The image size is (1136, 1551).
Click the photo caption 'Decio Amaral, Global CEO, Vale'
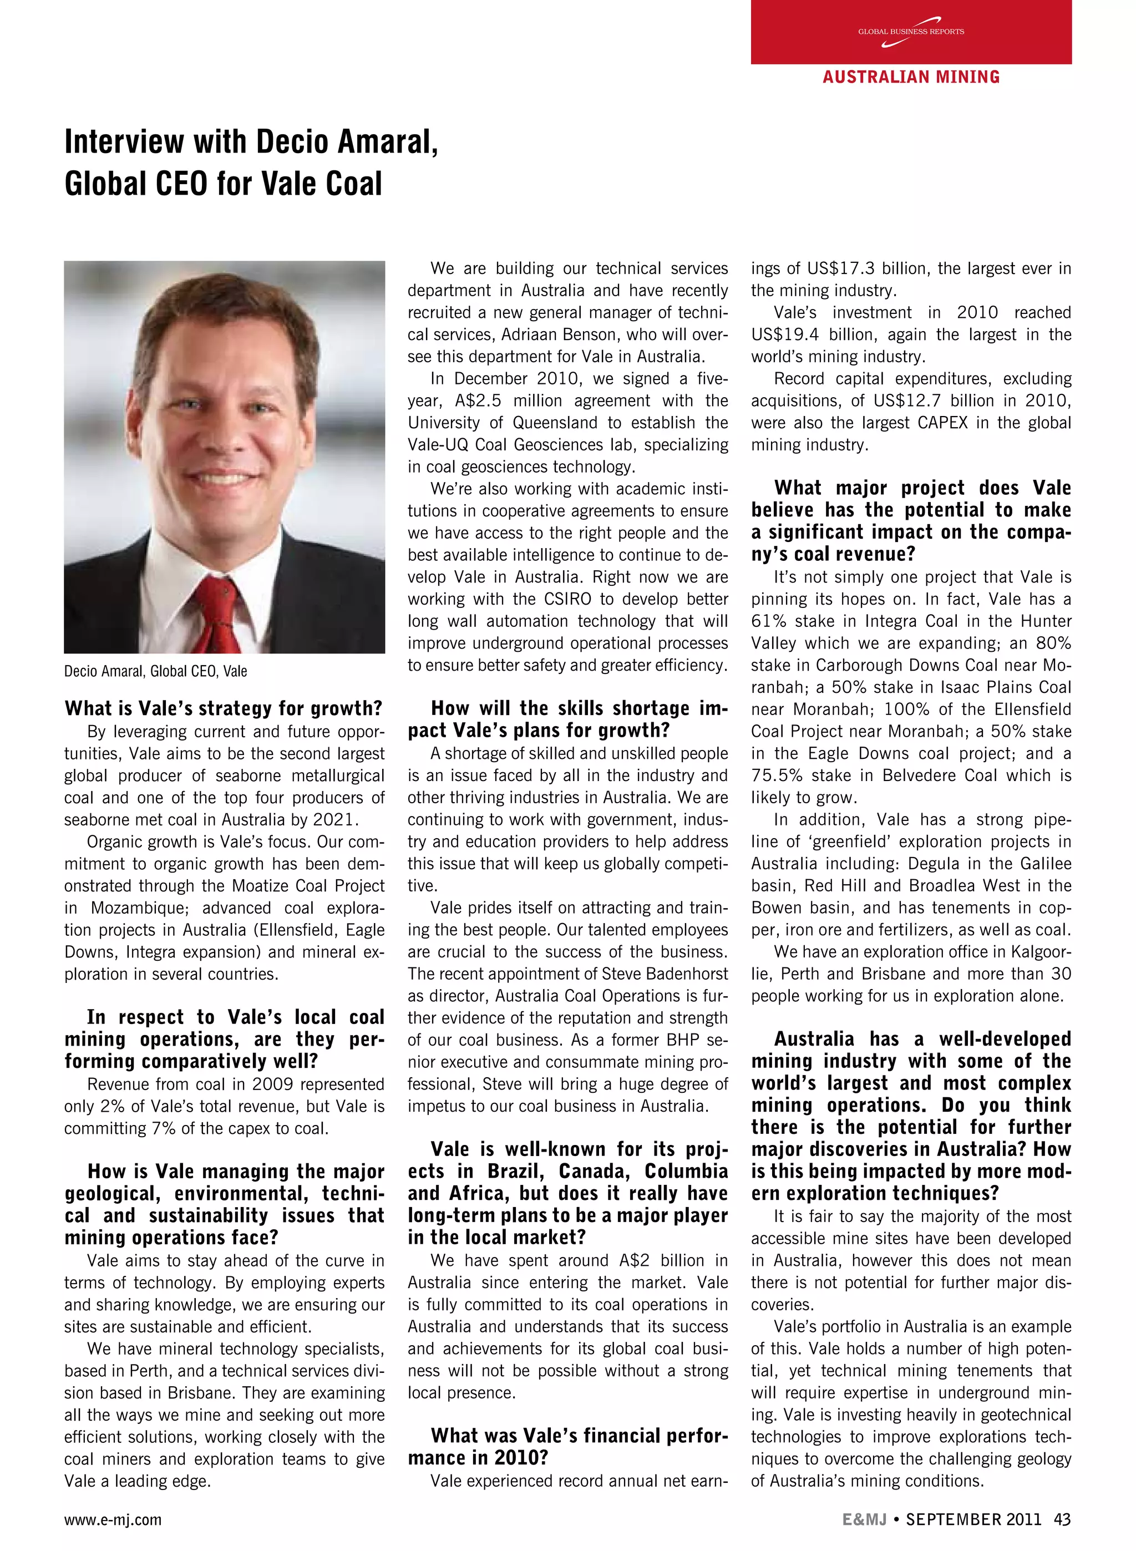[x=155, y=671]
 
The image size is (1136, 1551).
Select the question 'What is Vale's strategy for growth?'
[x=223, y=708]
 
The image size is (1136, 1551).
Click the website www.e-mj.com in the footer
[x=113, y=1519]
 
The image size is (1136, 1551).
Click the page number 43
[x=1062, y=1519]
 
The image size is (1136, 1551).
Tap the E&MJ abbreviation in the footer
[x=864, y=1519]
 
